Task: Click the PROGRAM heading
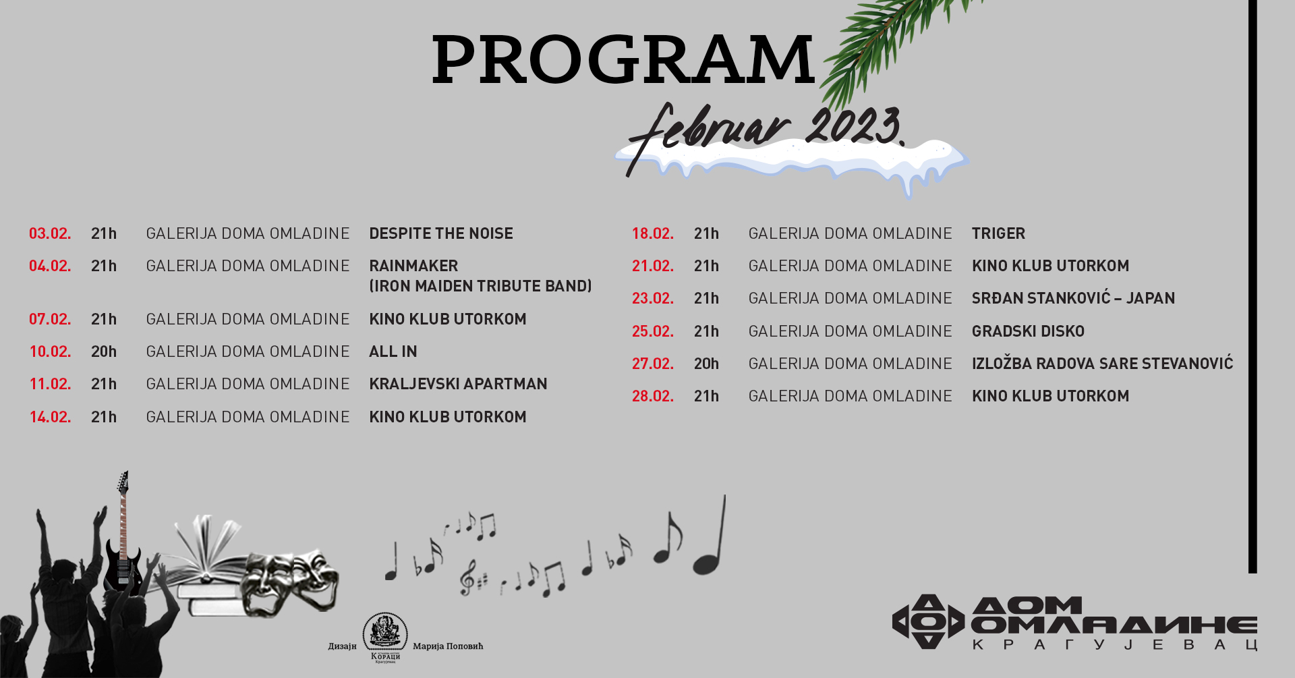click(623, 59)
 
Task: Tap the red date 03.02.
click(50, 233)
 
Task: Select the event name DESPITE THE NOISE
click(441, 233)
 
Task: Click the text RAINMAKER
click(413, 266)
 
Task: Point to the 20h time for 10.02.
click(104, 351)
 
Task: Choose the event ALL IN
click(393, 351)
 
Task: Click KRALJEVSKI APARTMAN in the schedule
click(458, 384)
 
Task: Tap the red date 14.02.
click(50, 417)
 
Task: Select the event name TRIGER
click(998, 233)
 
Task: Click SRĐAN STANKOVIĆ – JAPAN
click(1073, 298)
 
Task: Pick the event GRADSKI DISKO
click(1028, 331)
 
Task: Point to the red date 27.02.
click(652, 364)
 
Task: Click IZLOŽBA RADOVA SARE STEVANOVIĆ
click(1102, 364)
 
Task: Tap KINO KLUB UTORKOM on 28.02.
click(1050, 396)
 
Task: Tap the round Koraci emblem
click(385, 633)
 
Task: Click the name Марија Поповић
click(448, 646)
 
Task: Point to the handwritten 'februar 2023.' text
click(766, 135)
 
